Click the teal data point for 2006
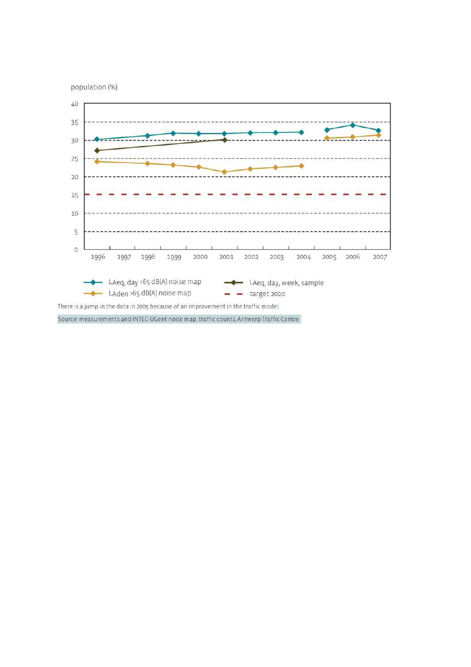pyautogui.click(x=352, y=125)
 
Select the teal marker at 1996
pyautogui.click(x=97, y=139)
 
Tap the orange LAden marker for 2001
pyautogui.click(x=224, y=172)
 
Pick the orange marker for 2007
pyautogui.click(x=378, y=135)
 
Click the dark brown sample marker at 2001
pyautogui.click(x=225, y=140)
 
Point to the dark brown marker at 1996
pyautogui.click(x=97, y=151)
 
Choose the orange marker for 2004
pyautogui.click(x=301, y=166)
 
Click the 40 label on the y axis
pyautogui.click(x=75, y=104)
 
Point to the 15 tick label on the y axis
pyautogui.click(x=75, y=195)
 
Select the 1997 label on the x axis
pyautogui.click(x=124, y=257)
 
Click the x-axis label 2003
pyautogui.click(x=277, y=257)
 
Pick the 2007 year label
pyautogui.click(x=380, y=257)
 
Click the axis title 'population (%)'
pyautogui.click(x=94, y=87)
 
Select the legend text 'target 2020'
pyautogui.click(x=267, y=294)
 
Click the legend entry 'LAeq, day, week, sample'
pyautogui.click(x=286, y=282)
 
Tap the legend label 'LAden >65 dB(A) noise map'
pyautogui.click(x=149, y=293)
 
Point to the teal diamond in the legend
pyautogui.click(x=93, y=282)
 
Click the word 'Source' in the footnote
pyautogui.click(x=67, y=319)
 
